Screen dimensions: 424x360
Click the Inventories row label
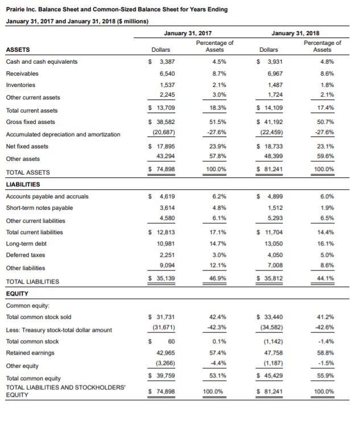click(20, 85)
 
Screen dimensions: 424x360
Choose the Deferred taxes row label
click(23, 255)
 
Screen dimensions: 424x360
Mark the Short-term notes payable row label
click(39, 209)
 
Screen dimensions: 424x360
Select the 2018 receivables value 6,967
click(272, 74)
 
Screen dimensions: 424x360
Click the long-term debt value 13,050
click(272, 244)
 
